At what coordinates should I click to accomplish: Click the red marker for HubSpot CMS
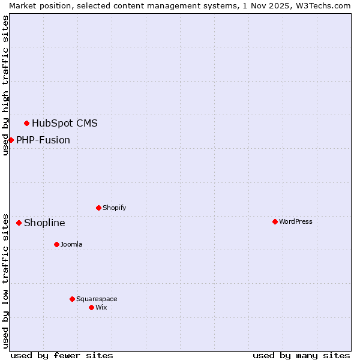pyautogui.click(x=26, y=124)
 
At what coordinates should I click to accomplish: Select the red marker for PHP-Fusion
pyautogui.click(x=11, y=140)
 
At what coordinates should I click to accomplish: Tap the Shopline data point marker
pyautogui.click(x=19, y=223)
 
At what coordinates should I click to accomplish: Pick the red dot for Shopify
pyautogui.click(x=98, y=208)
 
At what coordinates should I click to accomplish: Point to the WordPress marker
pyautogui.click(x=275, y=221)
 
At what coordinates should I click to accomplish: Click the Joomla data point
pyautogui.click(x=56, y=244)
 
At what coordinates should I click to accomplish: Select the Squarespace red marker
pyautogui.click(x=72, y=299)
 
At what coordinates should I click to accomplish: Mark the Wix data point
pyautogui.click(x=91, y=307)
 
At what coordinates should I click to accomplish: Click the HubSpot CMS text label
pyautogui.click(x=64, y=124)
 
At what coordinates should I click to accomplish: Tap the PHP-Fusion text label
pyautogui.click(x=43, y=140)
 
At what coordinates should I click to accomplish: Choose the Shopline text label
pyautogui.click(x=44, y=223)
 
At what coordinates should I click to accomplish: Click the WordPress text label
pyautogui.click(x=296, y=221)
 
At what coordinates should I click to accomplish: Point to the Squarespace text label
pyautogui.click(x=97, y=299)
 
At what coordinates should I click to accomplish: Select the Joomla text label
pyautogui.click(x=71, y=244)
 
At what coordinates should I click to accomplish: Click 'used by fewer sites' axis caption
pyautogui.click(x=62, y=355)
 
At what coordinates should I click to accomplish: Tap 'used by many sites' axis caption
pyautogui.click(x=301, y=355)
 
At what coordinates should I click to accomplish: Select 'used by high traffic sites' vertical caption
pyautogui.click(x=5, y=85)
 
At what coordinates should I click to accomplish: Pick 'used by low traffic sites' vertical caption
pyautogui.click(x=5, y=280)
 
